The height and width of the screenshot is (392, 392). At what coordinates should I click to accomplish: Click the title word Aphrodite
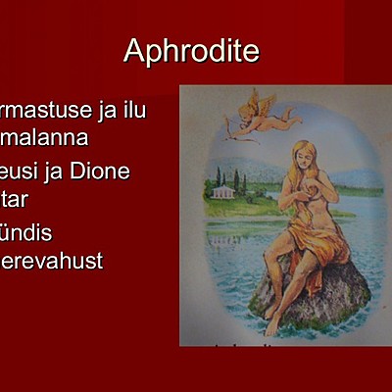point(191,51)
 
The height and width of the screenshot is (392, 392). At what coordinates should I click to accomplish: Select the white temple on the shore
point(223,191)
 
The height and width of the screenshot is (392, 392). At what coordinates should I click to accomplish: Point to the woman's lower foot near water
point(272,322)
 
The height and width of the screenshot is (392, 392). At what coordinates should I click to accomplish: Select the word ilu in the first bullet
point(130,110)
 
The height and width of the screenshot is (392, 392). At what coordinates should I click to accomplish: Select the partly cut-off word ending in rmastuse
point(44,110)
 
